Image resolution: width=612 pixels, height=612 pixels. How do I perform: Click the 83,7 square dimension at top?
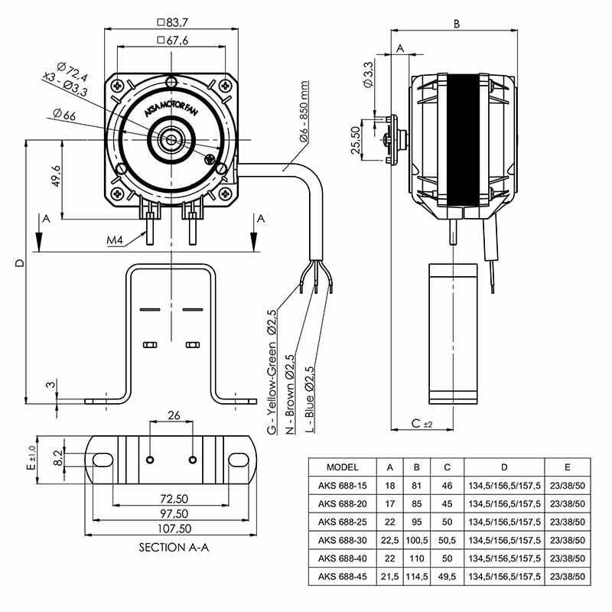coord(172,23)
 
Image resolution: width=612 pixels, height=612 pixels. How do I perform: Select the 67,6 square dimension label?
coord(172,41)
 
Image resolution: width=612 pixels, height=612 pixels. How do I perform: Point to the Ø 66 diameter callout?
coord(64,115)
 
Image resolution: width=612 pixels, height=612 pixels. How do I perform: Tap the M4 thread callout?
coord(115,240)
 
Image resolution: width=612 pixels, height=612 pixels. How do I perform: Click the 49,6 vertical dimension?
coord(56,176)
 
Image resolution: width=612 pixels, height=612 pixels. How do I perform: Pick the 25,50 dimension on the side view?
coord(356,140)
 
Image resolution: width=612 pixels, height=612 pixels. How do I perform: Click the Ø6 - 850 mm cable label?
coord(304,111)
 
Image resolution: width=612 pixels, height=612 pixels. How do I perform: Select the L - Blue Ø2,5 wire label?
coord(310,399)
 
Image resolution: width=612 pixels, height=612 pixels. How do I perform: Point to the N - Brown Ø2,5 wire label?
coord(290,394)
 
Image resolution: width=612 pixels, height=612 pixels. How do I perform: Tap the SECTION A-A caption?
coord(174,547)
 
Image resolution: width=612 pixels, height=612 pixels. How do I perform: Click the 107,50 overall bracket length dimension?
coord(174,529)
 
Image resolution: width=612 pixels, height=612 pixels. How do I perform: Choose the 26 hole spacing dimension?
coord(174,415)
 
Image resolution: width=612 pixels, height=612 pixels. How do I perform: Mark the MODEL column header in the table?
coord(342,467)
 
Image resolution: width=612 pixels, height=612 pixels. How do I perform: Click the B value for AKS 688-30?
coord(417,540)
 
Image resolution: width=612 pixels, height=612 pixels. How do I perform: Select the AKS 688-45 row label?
coord(342,577)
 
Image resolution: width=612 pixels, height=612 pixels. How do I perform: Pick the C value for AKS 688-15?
coord(447,486)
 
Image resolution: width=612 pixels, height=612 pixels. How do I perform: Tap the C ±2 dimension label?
coord(422,423)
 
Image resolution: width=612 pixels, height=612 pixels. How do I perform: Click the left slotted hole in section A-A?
coord(103,460)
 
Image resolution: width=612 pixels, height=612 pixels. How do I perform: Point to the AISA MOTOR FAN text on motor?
coord(171,108)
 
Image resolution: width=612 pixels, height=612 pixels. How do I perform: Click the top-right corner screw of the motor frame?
coord(224,86)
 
